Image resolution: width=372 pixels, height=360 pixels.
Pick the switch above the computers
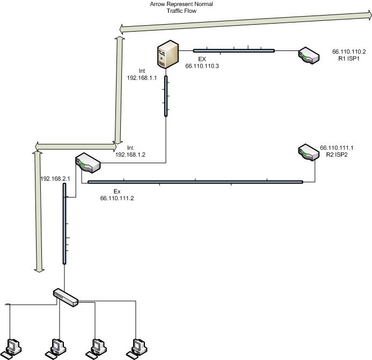pyautogui.click(x=66, y=296)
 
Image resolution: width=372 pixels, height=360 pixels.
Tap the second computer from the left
pyautogui.click(x=57, y=348)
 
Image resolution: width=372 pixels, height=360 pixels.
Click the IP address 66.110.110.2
pyautogui.click(x=349, y=52)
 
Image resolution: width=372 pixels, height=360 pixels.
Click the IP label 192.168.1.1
pyautogui.click(x=141, y=77)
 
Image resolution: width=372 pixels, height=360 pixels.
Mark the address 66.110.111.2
pyautogui.click(x=116, y=198)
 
